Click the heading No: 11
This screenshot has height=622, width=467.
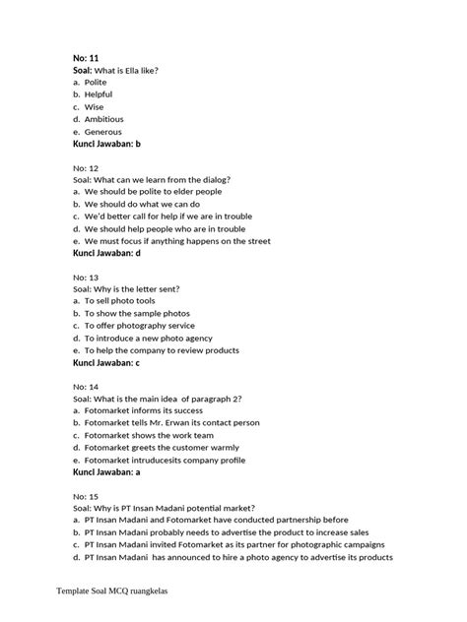point(88,59)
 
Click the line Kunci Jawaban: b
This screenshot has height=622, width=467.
point(107,144)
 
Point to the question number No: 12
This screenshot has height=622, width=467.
point(87,168)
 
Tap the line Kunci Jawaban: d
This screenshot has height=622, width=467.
point(107,253)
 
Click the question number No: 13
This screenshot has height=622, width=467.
point(87,278)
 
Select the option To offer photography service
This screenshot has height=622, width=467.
point(139,326)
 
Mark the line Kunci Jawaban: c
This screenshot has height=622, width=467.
point(107,362)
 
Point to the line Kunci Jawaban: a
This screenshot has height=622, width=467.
point(107,471)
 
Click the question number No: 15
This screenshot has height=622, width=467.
point(87,496)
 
